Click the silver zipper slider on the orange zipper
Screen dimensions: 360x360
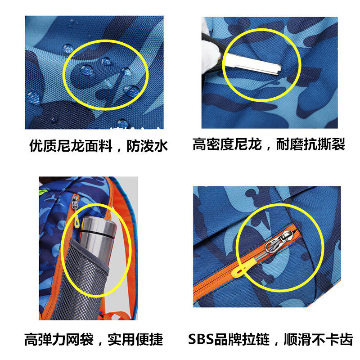click(x=279, y=242)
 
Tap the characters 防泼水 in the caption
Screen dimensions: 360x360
click(x=147, y=146)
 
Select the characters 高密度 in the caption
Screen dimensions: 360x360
click(x=213, y=144)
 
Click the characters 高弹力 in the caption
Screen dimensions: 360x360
click(x=45, y=339)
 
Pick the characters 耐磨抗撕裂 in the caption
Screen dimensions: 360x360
click(x=310, y=144)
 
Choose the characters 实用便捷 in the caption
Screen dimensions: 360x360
click(x=135, y=339)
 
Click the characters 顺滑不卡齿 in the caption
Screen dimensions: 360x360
click(x=318, y=339)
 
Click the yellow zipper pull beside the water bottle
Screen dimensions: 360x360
click(x=76, y=222)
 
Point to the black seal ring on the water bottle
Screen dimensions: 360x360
click(x=98, y=234)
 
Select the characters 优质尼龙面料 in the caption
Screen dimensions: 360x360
click(x=70, y=146)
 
